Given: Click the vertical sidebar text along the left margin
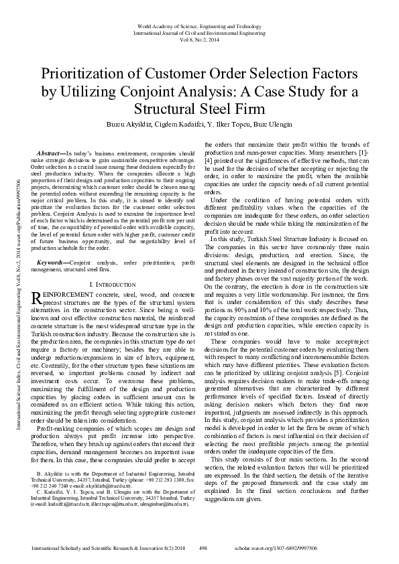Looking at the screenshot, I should click(9, 282).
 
